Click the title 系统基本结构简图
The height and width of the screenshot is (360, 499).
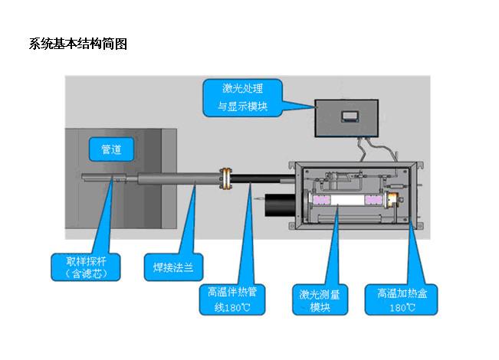[x=78, y=44]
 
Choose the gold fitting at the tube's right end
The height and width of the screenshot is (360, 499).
[x=392, y=200]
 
